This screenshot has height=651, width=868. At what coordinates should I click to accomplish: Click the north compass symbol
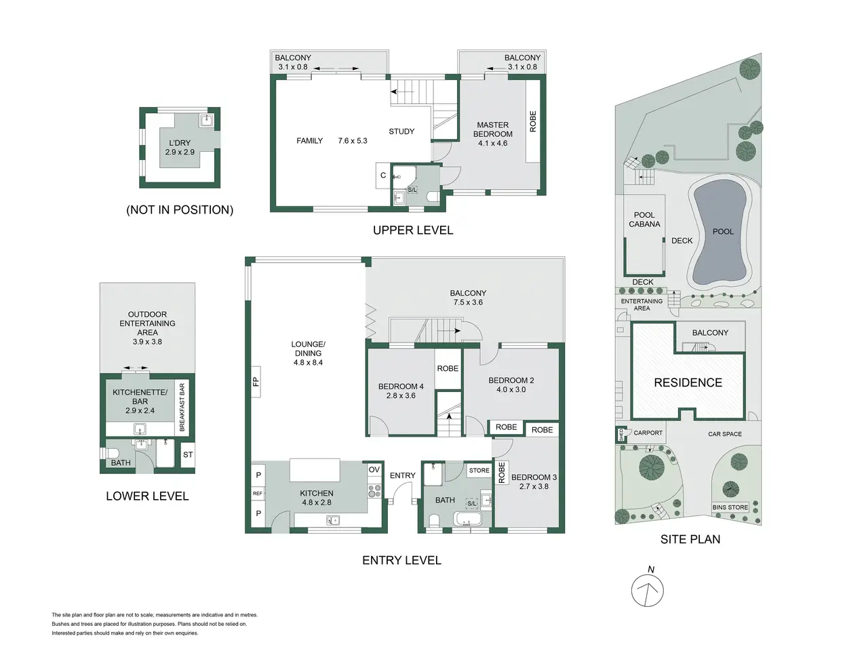pos(647,590)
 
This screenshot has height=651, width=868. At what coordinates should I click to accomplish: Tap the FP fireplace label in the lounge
pos(256,381)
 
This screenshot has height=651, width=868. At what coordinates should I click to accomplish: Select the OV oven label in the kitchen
pos(374,469)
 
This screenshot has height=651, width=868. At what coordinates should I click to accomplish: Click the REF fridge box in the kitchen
pos(258,493)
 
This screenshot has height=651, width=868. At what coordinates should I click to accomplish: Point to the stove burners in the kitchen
pos(374,491)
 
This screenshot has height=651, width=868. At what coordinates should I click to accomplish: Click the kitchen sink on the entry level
pos(332,520)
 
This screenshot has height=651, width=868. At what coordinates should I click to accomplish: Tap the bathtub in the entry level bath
pos(467,519)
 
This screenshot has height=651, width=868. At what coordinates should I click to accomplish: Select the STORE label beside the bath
pos(479,471)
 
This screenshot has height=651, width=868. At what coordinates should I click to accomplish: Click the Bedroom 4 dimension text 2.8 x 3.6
pos(401,395)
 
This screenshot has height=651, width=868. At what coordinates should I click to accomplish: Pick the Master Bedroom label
pos(493,130)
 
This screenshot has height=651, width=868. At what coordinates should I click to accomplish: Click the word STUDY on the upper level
pos(401,132)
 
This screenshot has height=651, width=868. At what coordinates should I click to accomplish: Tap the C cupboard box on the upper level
pos(382,175)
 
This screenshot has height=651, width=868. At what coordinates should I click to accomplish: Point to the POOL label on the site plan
pos(723,232)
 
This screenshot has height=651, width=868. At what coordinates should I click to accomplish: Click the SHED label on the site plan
pos(621,435)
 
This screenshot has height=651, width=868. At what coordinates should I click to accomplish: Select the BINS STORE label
pos(730,507)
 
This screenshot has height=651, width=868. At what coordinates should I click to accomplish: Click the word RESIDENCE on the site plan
pos(688,382)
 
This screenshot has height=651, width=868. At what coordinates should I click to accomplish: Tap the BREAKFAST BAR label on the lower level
pos(182,407)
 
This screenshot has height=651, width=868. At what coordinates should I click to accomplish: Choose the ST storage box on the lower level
pos(188,454)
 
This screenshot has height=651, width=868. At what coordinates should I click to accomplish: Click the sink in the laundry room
pos(206,120)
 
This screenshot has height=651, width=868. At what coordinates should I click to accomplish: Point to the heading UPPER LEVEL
pos(413,230)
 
